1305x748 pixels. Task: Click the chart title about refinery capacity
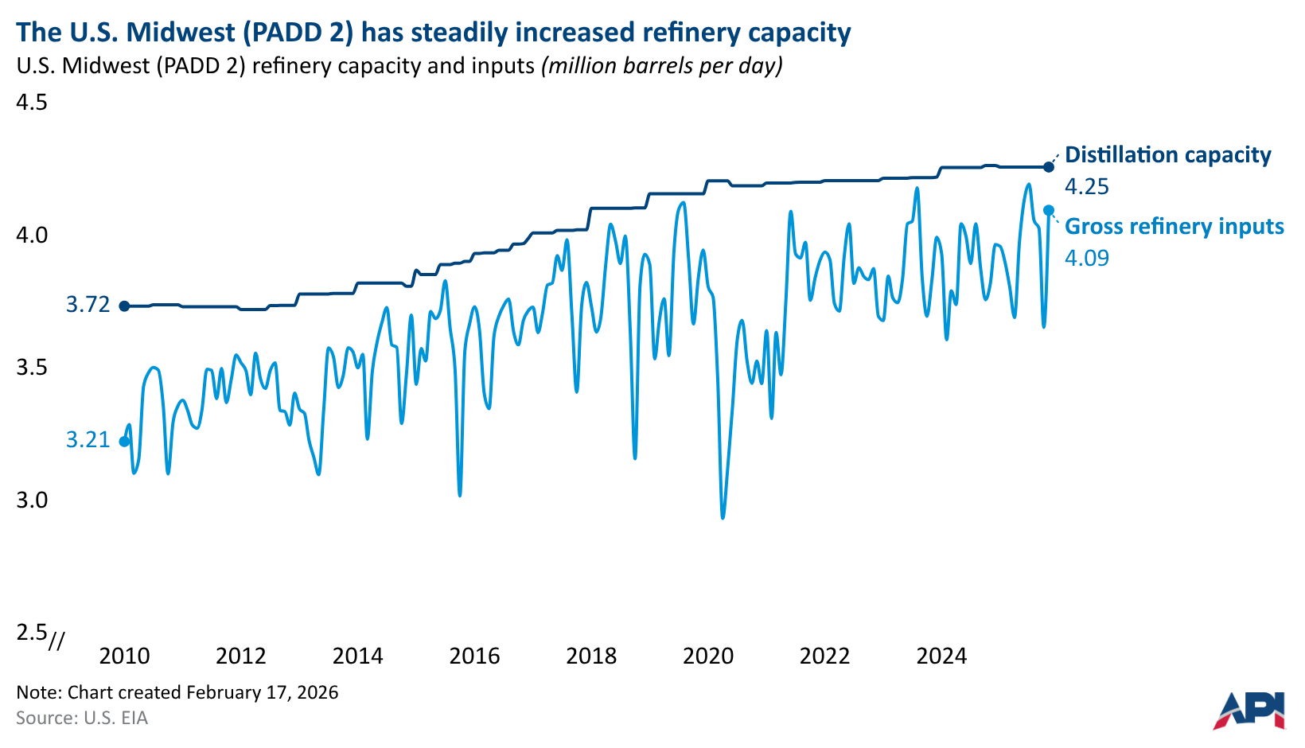tap(434, 32)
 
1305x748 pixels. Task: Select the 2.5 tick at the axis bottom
tap(32, 632)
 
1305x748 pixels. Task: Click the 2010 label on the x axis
tap(124, 656)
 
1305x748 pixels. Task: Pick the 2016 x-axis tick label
tap(474, 656)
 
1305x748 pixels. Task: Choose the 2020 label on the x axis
tap(708, 656)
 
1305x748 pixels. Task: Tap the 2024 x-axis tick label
tap(941, 656)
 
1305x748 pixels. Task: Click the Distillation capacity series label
tap(1167, 155)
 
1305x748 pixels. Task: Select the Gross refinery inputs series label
tap(1174, 227)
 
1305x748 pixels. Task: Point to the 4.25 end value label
tap(1086, 187)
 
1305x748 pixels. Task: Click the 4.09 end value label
tap(1086, 259)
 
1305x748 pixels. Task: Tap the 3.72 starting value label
tap(88, 305)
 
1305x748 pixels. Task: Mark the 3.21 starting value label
tap(88, 440)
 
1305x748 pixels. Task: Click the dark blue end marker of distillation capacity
tap(1049, 166)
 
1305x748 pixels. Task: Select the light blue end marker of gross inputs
tap(1049, 210)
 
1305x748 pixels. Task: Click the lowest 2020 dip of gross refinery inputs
tap(723, 517)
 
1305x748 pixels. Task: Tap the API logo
tap(1249, 710)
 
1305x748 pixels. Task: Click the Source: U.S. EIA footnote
tap(82, 718)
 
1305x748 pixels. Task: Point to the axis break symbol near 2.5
tap(56, 641)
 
